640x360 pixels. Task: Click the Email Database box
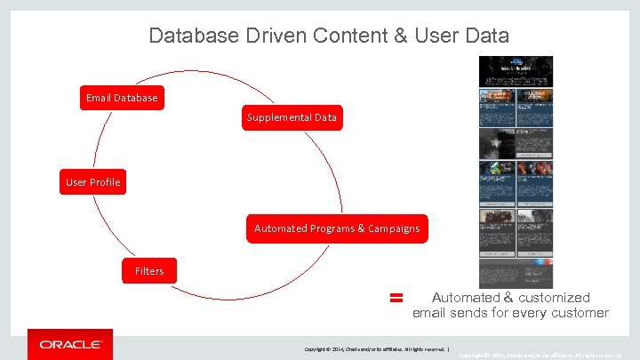[122, 98]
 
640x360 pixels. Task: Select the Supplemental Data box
[292, 117]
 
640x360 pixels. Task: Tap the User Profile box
[92, 182]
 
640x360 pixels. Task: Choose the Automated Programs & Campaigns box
[337, 228]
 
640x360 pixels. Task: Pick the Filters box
[149, 270]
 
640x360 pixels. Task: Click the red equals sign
[396, 299]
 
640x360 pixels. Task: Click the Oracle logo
[70, 344]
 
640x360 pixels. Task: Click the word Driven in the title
[266, 36]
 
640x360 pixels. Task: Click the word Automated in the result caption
[466, 298]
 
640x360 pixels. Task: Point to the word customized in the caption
[554, 298]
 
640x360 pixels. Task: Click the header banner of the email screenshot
[516, 71]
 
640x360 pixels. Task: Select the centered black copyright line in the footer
[378, 349]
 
